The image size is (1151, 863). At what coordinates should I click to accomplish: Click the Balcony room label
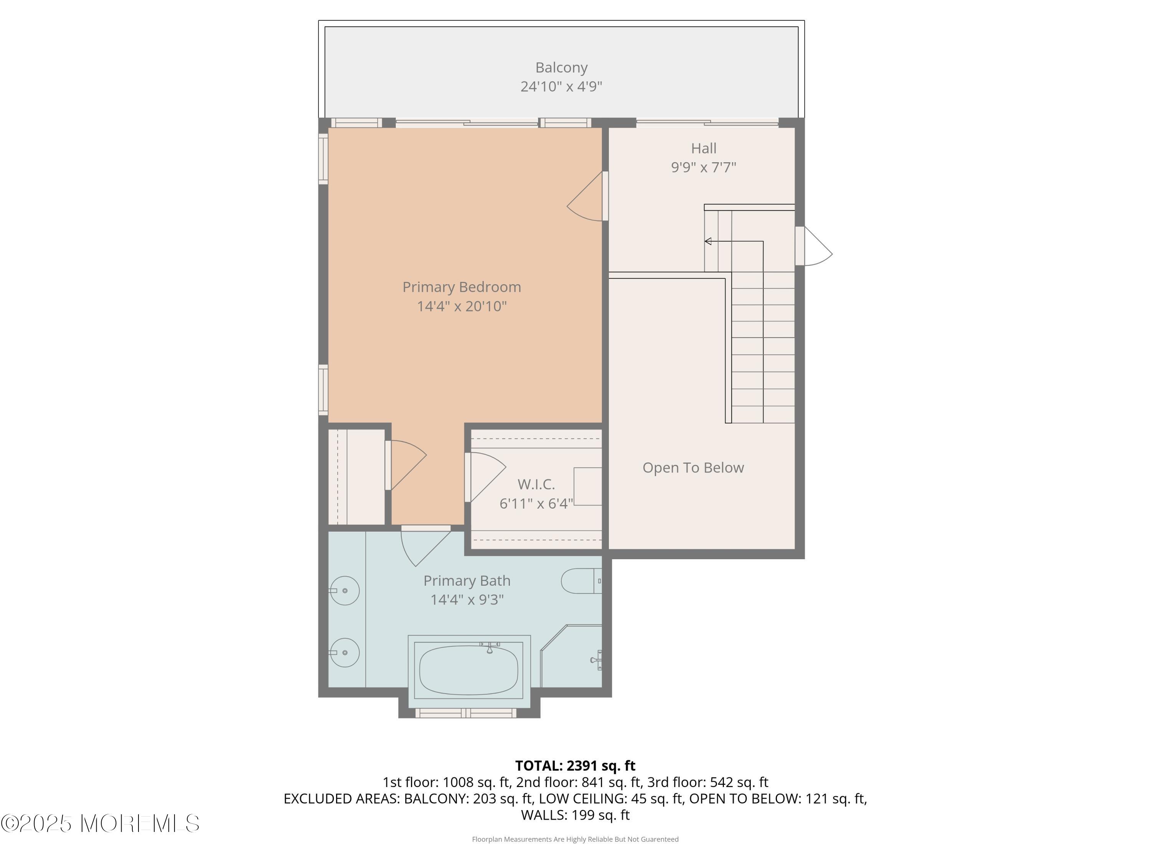[x=561, y=68]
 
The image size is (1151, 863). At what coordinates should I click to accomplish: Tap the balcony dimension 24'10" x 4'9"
[x=561, y=86]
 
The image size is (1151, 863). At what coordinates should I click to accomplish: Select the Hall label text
[x=704, y=148]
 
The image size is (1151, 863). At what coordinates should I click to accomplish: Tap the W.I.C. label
[x=536, y=484]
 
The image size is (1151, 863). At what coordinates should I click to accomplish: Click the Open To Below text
[x=693, y=468]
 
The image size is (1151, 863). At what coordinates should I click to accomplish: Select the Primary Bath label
[x=467, y=581]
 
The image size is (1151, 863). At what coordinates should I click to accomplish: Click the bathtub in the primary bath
[x=468, y=670]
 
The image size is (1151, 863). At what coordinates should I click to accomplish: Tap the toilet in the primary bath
[x=580, y=581]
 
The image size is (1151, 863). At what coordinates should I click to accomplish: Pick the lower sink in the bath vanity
[x=345, y=652]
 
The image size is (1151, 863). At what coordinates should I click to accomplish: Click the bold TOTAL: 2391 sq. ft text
[x=575, y=766]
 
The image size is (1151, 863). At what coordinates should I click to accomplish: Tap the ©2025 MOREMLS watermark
[x=100, y=823]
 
